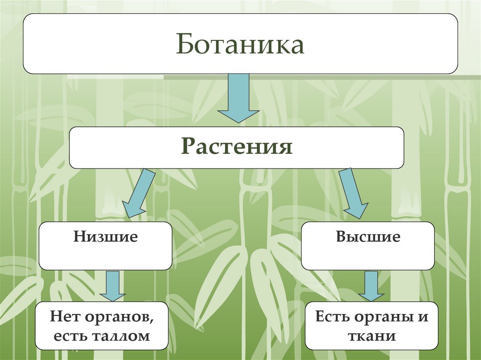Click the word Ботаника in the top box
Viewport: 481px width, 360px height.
coord(240,46)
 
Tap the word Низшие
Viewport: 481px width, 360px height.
coord(105,237)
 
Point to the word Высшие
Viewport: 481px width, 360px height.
coord(368,237)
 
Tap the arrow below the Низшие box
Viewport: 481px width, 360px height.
coord(112,285)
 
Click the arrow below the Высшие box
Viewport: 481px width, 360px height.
coord(371,285)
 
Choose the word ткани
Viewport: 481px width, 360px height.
coord(372,336)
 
